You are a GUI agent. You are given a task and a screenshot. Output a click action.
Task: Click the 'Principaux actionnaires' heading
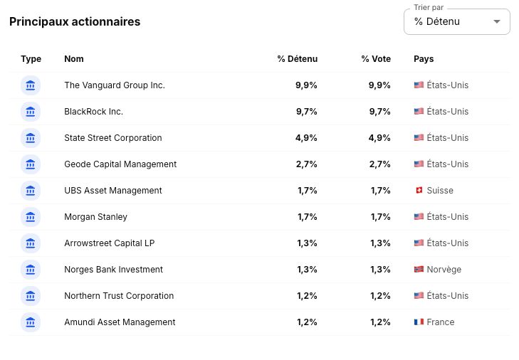tap(75, 22)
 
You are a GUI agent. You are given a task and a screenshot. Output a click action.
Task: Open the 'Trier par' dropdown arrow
tap(496, 22)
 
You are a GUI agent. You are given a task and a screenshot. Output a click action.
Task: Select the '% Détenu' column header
tap(298, 59)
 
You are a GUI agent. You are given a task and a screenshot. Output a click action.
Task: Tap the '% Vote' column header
tap(376, 59)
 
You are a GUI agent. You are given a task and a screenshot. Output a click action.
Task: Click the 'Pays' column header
tap(424, 59)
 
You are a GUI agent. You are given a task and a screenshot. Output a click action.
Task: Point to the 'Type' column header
tap(31, 59)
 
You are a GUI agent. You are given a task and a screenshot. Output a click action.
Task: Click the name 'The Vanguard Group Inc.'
tap(115, 85)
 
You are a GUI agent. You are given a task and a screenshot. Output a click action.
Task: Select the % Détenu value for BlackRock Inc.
tap(307, 112)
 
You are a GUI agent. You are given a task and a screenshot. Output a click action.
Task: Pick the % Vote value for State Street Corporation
tap(379, 138)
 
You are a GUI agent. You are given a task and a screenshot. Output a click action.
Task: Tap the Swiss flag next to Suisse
tap(419, 190)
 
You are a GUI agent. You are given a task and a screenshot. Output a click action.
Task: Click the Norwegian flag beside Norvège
tap(419, 270)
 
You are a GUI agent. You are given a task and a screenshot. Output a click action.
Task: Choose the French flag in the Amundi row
tap(419, 322)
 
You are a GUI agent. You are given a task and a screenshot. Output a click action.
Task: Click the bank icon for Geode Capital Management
tap(31, 164)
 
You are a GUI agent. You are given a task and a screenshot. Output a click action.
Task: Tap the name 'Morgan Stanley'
tap(95, 217)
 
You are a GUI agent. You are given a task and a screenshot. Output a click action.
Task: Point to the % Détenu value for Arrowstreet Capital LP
tap(307, 243)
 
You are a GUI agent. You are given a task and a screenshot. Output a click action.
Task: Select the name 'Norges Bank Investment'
tap(113, 270)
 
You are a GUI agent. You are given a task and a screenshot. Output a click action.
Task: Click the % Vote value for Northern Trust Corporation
tap(380, 296)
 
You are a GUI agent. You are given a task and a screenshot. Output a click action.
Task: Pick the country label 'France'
tap(441, 322)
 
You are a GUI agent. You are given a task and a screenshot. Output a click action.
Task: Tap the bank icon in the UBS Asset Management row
tap(31, 191)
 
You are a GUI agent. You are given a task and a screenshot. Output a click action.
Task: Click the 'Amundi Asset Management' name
tap(120, 322)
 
